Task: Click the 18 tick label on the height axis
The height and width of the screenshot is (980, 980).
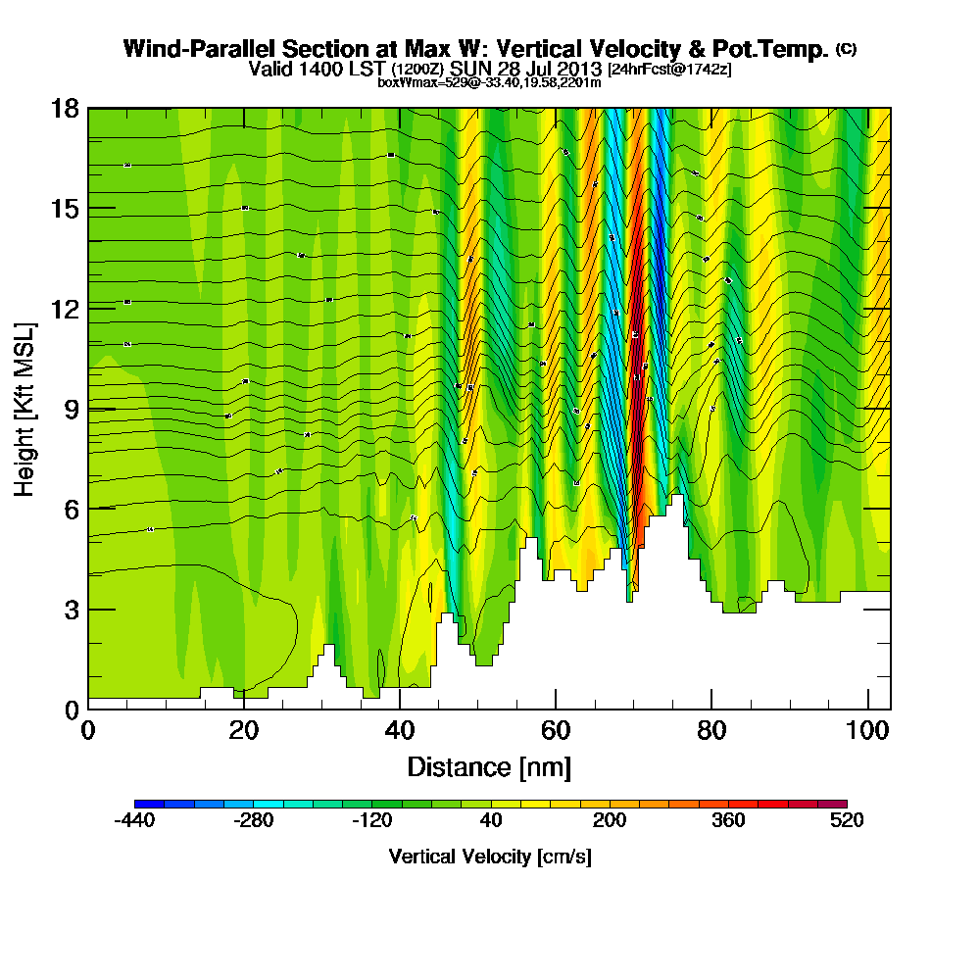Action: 65,108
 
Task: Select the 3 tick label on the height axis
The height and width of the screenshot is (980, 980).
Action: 71,609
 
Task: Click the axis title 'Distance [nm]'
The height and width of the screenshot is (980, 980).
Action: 489,766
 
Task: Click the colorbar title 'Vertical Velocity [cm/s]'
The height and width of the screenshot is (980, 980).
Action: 489,857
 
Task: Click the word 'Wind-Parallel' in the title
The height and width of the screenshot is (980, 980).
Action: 200,49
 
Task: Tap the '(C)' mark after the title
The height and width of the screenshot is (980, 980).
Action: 845,49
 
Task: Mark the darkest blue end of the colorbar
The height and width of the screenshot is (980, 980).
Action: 139,804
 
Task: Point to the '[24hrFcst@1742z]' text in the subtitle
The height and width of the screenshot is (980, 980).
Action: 669,70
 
